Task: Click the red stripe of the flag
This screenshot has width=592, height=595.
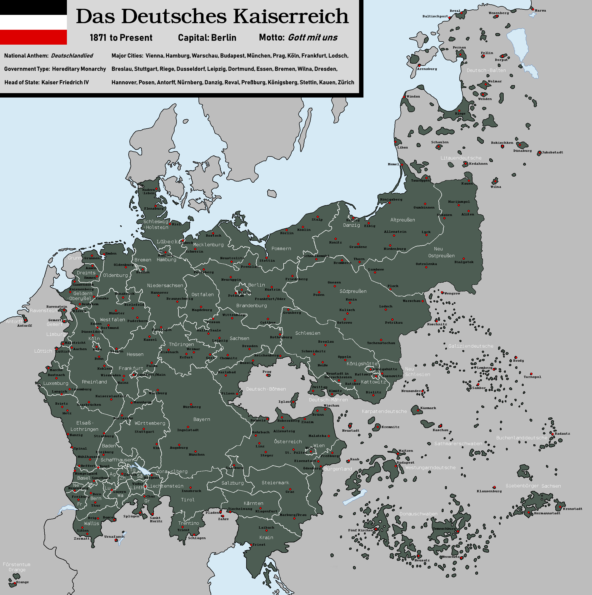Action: click(33, 37)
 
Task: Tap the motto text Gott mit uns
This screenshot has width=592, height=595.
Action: click(313, 37)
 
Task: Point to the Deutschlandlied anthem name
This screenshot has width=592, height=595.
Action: click(72, 56)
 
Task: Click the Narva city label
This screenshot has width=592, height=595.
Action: click(540, 11)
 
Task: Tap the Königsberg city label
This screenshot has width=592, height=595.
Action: click(391, 199)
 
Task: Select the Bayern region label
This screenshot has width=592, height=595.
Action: click(202, 419)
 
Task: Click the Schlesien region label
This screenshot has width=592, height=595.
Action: click(308, 333)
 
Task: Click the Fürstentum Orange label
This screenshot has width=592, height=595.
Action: click(17, 567)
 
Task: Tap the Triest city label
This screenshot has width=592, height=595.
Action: click(259, 545)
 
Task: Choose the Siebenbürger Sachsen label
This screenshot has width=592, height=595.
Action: click(533, 486)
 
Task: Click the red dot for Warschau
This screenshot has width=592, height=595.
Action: click(423, 301)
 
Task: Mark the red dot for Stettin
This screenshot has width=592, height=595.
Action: click(267, 258)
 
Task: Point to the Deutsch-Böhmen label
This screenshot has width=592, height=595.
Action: click(266, 389)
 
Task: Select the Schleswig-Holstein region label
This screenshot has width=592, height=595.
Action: click(156, 224)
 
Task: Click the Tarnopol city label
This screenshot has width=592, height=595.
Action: click(532, 377)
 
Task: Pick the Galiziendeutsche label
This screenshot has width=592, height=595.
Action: click(471, 346)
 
